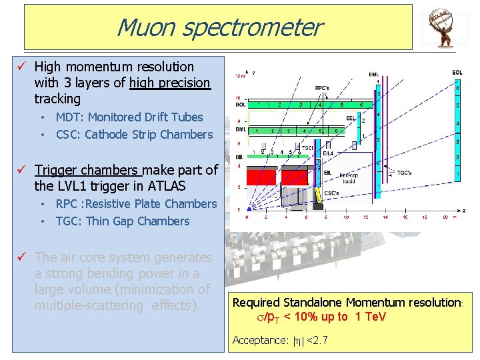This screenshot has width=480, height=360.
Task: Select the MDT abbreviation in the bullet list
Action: [68, 117]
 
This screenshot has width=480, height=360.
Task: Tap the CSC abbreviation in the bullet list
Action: [68, 134]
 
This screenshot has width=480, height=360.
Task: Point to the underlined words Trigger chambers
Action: [87, 170]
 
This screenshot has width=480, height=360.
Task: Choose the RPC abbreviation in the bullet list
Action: [67, 203]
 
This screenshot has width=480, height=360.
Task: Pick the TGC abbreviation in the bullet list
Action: [67, 221]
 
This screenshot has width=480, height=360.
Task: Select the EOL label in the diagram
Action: [457, 72]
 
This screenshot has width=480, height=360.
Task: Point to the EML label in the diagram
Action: [374, 74]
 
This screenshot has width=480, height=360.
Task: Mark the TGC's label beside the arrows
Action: [405, 173]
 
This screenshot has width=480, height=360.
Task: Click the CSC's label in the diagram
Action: [331, 193]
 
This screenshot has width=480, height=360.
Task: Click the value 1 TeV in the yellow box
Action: [371, 317]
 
